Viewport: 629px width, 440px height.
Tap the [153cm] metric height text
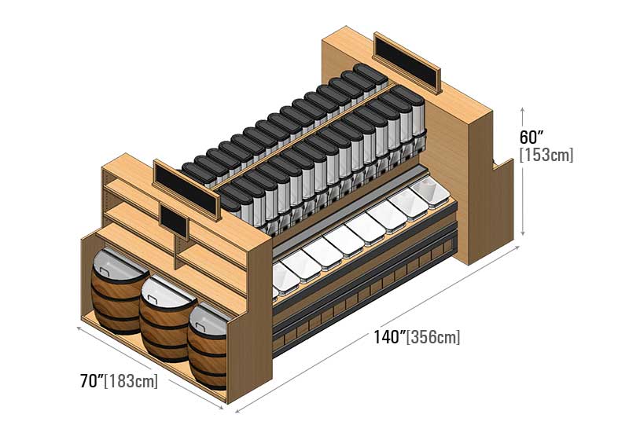[546, 155]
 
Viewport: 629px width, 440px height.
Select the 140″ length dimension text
[388, 338]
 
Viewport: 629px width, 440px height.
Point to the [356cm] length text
[433, 338]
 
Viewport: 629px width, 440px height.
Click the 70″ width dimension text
[92, 382]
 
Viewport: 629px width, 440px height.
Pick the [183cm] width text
[133, 382]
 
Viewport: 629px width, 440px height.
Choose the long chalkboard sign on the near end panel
[186, 189]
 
